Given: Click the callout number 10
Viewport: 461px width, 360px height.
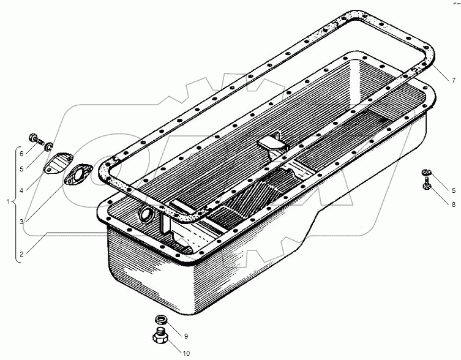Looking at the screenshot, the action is [186, 353].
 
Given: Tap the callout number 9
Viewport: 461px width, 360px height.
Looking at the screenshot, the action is [186, 336].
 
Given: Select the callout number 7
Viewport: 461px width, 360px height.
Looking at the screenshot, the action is [454, 80].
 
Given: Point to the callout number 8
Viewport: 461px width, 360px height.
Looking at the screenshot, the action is [454, 204].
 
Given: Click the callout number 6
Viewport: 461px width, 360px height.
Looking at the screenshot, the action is [21, 153].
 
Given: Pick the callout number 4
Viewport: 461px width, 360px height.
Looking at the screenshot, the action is [21, 190].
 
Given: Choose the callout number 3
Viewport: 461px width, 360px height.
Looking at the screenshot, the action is [21, 222].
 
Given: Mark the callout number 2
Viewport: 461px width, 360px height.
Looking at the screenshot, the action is [21, 254].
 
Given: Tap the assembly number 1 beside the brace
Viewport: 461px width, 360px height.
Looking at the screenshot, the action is [8, 202].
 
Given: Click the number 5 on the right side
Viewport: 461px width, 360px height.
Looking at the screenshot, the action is [454, 190].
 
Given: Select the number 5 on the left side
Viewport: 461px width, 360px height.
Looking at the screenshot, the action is [21, 169].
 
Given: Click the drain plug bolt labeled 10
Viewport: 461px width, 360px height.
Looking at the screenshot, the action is [160, 336].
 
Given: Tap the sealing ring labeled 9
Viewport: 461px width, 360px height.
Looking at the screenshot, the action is [160, 319].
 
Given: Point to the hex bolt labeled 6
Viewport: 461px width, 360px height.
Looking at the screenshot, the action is [36, 139].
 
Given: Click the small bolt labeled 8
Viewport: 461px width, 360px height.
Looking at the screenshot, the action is [427, 183].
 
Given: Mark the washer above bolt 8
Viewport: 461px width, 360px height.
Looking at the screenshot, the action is [427, 172].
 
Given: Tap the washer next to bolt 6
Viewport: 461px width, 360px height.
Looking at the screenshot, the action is [48, 146].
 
